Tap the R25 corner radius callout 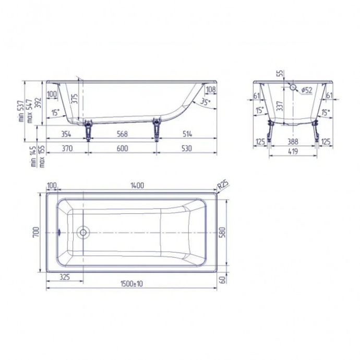point(223,185)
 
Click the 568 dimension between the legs point(122,134)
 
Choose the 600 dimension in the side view point(122,148)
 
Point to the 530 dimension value point(186,148)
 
